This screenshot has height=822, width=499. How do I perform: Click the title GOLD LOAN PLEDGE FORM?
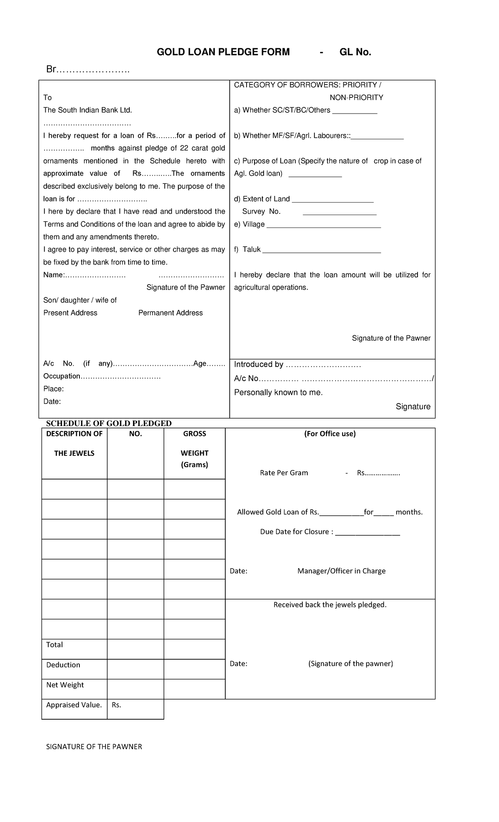coord(223,52)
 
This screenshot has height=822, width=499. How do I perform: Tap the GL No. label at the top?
coord(355,52)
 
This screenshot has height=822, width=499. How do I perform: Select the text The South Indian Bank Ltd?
coord(87,110)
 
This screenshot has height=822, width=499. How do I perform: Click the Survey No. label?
coord(261,212)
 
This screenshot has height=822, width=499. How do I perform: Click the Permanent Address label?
coord(170,313)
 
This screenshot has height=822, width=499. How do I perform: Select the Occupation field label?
coord(62,376)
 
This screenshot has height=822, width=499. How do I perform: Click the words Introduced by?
coord(259,364)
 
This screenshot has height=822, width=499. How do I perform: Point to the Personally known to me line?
coord(278,392)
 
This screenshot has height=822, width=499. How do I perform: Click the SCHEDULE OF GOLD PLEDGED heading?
coord(109,423)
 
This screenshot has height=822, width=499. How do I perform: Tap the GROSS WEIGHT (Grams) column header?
coord(194,449)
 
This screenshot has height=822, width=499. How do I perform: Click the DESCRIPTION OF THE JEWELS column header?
coord(74,443)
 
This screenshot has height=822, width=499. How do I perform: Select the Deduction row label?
coord(63,665)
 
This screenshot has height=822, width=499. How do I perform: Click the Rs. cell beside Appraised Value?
coord(135,705)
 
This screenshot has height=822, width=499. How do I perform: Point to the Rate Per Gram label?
coord(284,473)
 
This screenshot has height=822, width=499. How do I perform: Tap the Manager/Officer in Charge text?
coord(341,571)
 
